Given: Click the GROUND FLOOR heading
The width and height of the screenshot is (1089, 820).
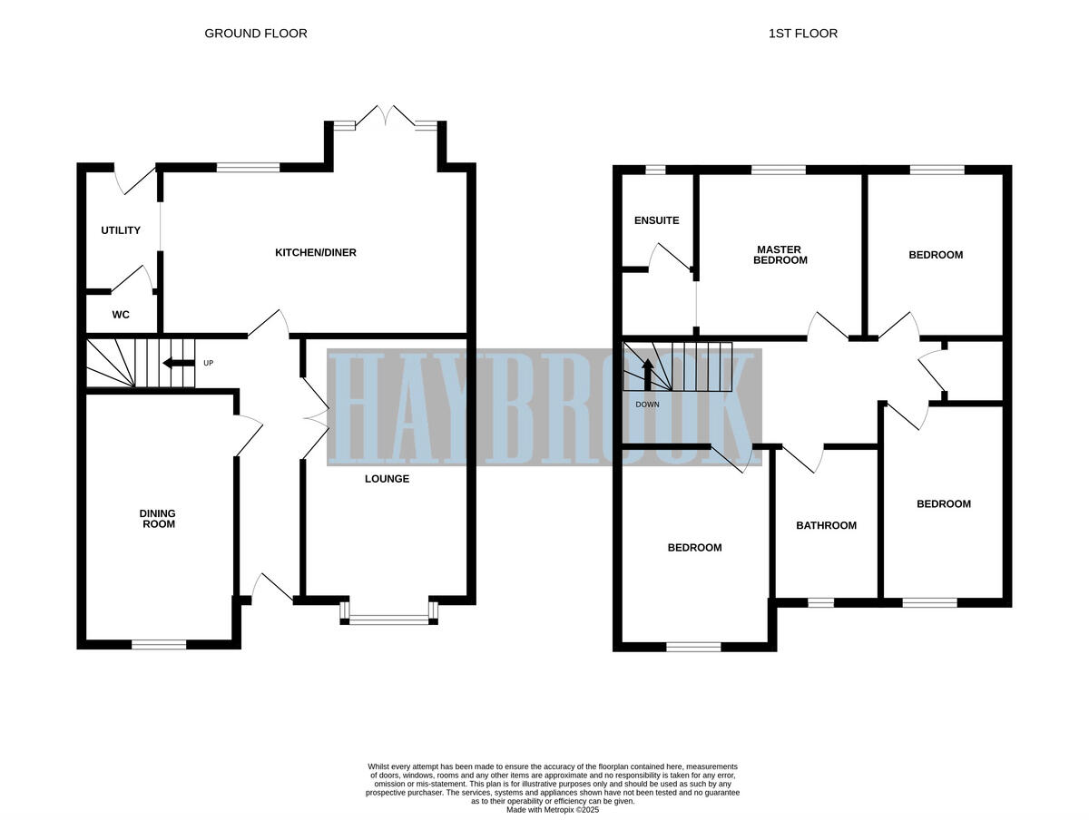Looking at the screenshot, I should [x=256, y=34].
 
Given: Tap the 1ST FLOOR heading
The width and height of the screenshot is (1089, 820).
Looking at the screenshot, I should [x=802, y=34].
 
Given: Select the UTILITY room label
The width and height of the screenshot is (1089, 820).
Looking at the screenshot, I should [x=121, y=230].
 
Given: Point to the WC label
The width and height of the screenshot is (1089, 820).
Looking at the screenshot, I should [x=121, y=316].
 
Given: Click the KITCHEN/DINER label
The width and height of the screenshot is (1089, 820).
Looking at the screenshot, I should [x=316, y=252].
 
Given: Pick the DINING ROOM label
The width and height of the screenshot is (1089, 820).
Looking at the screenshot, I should [x=157, y=519].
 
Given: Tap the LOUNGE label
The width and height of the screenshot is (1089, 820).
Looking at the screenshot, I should [x=388, y=479].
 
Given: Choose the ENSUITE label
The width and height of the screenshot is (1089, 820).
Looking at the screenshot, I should [x=656, y=220].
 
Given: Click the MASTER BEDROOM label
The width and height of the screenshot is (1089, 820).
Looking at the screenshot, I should [x=781, y=255].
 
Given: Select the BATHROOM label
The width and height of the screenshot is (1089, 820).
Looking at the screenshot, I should [x=826, y=525].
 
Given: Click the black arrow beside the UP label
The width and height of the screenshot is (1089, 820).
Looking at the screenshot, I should [x=178, y=364].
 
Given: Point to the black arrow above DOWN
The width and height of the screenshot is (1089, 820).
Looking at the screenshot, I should [x=648, y=376].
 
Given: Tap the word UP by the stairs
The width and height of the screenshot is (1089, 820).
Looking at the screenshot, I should [x=208, y=364].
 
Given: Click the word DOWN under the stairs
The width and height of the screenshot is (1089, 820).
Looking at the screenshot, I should [x=648, y=405].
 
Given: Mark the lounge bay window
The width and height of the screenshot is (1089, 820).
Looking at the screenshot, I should [x=388, y=620].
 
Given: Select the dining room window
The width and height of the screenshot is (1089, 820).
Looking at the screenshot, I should [x=159, y=645].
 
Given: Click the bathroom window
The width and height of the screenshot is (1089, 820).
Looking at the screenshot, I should [x=820, y=602].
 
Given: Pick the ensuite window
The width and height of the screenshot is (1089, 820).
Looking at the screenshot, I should [x=655, y=170].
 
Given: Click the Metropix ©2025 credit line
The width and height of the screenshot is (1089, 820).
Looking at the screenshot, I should [x=553, y=809].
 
